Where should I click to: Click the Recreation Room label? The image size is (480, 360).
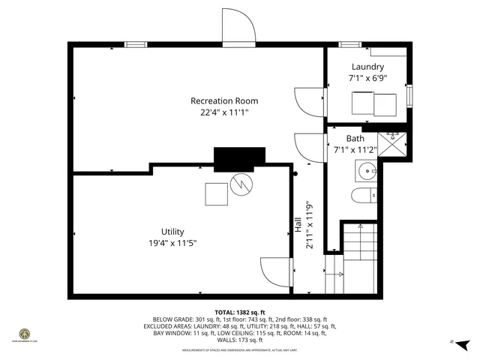click(x=223, y=100)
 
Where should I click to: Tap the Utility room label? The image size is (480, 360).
click(x=172, y=232)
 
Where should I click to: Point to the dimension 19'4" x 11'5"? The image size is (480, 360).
click(x=172, y=242)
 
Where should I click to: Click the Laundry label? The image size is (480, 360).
click(x=366, y=67)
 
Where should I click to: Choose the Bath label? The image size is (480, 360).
click(x=355, y=139)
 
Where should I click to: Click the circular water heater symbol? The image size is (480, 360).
click(x=242, y=184)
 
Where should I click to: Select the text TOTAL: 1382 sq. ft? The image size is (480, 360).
click(x=240, y=312)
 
